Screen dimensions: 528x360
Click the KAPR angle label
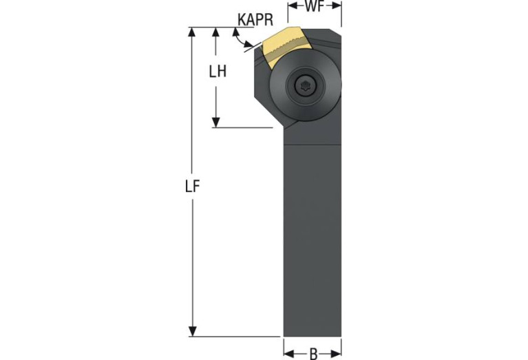[x=255, y=20]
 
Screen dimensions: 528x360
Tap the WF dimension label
[x=315, y=6]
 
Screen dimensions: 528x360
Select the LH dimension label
[x=218, y=72]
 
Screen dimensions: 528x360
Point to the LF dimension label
[x=193, y=187]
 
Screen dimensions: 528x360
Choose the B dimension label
[x=313, y=354]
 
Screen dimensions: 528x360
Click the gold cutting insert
[x=283, y=46]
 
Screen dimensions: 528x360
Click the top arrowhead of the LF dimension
[x=192, y=32]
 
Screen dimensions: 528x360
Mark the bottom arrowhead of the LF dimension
[x=192, y=331]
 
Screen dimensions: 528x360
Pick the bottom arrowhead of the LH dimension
[x=216, y=123]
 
